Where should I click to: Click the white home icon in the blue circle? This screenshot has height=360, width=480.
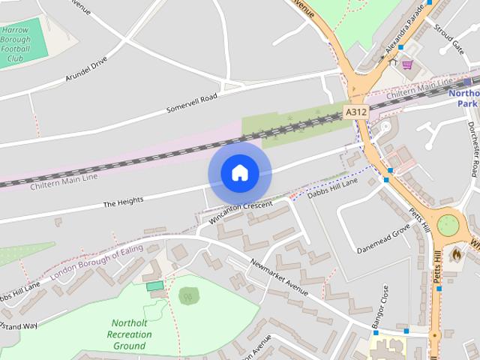[239, 172]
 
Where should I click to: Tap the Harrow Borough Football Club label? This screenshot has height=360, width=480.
[15, 44]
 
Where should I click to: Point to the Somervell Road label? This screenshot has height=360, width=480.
[191, 104]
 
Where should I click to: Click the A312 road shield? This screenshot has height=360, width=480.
[355, 112]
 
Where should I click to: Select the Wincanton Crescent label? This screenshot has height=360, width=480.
[242, 209]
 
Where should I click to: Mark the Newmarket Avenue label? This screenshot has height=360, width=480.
[280, 278]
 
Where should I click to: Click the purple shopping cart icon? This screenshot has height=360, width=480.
[407, 65]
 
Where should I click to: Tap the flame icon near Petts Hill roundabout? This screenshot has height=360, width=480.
[455, 254]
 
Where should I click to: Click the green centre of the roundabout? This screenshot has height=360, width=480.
[448, 224]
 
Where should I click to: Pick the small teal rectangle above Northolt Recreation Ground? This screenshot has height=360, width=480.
[154, 286]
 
